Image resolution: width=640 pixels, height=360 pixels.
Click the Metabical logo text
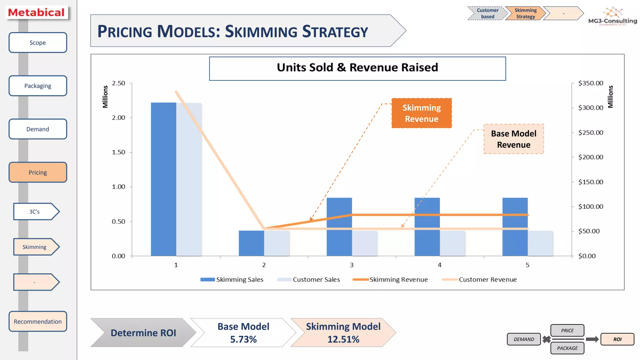point(36,12)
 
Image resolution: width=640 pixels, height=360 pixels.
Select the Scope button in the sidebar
point(37,43)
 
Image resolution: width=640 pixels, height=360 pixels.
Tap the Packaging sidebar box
point(37,86)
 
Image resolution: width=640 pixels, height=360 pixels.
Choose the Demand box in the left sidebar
point(37,129)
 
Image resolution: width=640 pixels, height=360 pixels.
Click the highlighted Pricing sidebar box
point(37,172)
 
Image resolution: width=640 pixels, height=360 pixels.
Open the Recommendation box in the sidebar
point(37,322)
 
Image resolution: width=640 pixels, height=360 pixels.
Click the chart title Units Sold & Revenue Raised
point(357,68)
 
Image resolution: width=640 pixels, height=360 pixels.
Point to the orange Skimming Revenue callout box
point(422,113)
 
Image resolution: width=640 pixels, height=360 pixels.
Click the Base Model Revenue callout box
point(513,139)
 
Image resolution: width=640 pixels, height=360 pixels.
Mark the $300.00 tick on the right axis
point(590,108)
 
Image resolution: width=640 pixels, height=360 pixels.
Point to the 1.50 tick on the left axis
point(118,152)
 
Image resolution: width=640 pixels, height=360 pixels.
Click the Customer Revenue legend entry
point(487,279)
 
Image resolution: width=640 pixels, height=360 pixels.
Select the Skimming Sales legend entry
point(239,279)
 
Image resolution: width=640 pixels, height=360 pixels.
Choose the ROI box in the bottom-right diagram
point(617,339)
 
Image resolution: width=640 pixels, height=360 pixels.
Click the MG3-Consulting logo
point(612,17)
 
